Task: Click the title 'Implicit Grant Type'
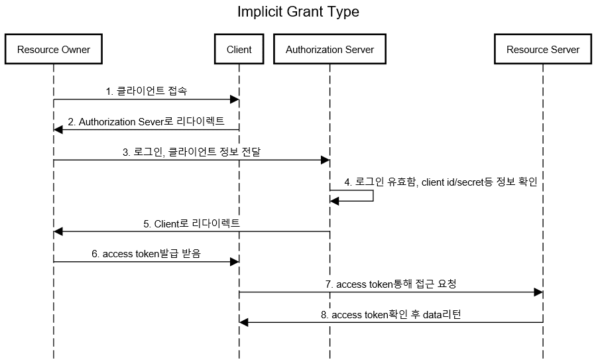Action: coord(298,11)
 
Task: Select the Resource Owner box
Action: coord(54,49)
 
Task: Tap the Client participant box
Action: coord(239,49)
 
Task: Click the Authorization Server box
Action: coord(330,49)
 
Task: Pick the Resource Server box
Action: coord(543,49)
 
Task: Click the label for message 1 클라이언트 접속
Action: coord(147,91)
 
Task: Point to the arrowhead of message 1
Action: coord(235,99)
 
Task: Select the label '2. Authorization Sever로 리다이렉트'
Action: coord(147,121)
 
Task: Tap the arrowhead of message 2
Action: coord(58,130)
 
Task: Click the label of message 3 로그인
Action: coord(192,152)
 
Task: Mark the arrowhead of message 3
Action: coord(326,160)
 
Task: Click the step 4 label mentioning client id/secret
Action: coord(441,182)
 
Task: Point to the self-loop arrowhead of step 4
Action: coord(335,201)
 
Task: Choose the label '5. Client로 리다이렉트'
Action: coord(192,223)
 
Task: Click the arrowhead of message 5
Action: coord(58,231)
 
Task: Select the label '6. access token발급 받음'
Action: coord(147,253)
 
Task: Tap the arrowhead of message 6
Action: coord(235,261)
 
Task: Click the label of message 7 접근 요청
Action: coord(390,284)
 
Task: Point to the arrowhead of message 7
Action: coord(538,292)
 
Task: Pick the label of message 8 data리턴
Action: coord(390,314)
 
